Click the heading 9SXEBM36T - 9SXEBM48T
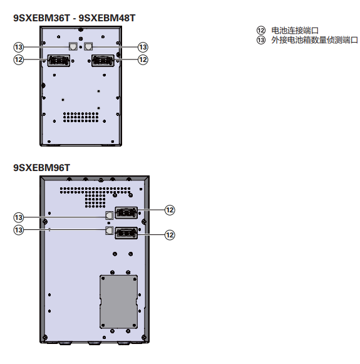75,18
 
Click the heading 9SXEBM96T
41,168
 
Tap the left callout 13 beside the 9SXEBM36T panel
19,47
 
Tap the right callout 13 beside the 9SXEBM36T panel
143,47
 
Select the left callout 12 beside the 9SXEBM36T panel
19,60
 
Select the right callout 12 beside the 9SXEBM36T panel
143,60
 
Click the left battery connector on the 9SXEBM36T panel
59,61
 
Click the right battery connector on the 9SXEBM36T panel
103,61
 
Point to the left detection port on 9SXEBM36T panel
73,46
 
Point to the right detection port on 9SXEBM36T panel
88,46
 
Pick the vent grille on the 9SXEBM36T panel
81,117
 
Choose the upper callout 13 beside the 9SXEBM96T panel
19,217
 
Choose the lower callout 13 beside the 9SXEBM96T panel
19,230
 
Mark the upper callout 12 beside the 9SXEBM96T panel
170,210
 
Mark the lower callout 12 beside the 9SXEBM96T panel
170,235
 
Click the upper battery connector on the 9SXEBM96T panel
126,212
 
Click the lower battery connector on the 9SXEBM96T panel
126,233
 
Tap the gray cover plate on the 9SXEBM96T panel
118,302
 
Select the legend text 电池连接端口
295,31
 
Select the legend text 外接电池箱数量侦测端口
314,40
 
